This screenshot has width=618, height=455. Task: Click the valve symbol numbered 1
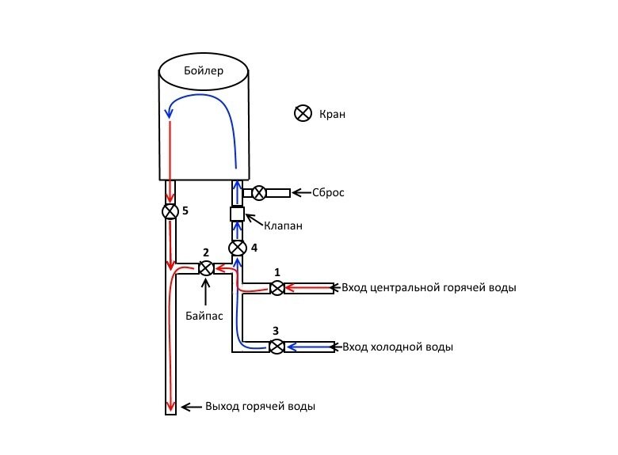277,289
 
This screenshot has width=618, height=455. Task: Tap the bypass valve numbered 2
205,268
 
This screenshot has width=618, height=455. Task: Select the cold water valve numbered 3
277,347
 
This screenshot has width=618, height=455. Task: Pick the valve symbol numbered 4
236,248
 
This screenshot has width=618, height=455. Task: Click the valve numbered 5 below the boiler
170,212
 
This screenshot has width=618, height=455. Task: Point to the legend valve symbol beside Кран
302,114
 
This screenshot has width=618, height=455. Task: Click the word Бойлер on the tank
204,71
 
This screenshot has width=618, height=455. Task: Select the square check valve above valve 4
236,214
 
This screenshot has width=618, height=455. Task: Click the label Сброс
329,192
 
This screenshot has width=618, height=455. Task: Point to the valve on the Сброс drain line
258,192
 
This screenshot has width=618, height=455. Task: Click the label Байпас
204,314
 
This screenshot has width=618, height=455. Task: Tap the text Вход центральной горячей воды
429,287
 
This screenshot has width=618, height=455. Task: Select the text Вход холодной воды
397,347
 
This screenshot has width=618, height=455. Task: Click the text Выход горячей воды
260,407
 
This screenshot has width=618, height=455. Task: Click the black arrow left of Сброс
301,192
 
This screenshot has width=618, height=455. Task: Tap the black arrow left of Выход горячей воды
191,407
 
